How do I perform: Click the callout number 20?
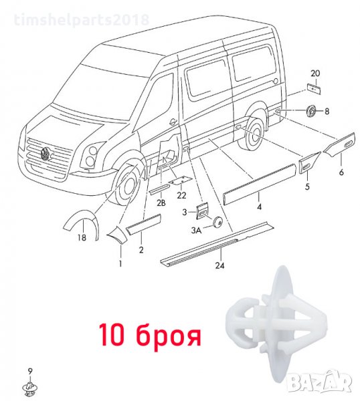[x=315, y=74]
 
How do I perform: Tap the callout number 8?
[x=327, y=111]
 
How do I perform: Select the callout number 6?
[x=341, y=172]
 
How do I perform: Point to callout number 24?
[x=219, y=265]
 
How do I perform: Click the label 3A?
[x=196, y=231]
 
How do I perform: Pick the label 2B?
[x=161, y=203]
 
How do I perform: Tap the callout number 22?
[x=181, y=195]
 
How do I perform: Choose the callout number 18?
[x=82, y=238]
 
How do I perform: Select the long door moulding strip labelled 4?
[x=260, y=184]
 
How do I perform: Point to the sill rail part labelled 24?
[x=217, y=243]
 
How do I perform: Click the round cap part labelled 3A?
[x=217, y=222]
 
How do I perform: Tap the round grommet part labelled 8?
[x=311, y=111]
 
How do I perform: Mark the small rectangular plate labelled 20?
[x=314, y=88]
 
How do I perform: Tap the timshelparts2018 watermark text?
[x=82, y=19]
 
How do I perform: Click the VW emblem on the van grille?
[x=46, y=153]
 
